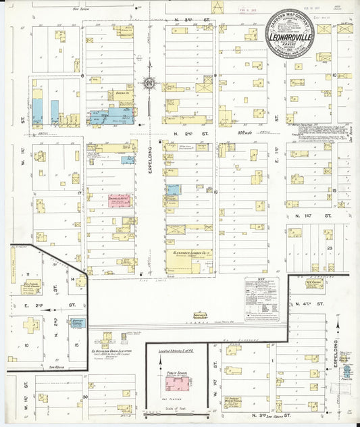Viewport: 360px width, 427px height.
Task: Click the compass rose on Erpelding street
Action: tap(148, 84)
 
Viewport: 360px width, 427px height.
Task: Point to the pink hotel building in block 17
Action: tap(120, 201)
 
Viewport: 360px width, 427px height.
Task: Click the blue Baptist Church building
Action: tap(78, 323)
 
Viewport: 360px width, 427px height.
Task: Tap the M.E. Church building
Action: tap(314, 284)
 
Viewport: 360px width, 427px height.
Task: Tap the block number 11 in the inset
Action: tap(28, 274)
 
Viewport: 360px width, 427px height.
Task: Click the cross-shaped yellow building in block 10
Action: tap(31, 324)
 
